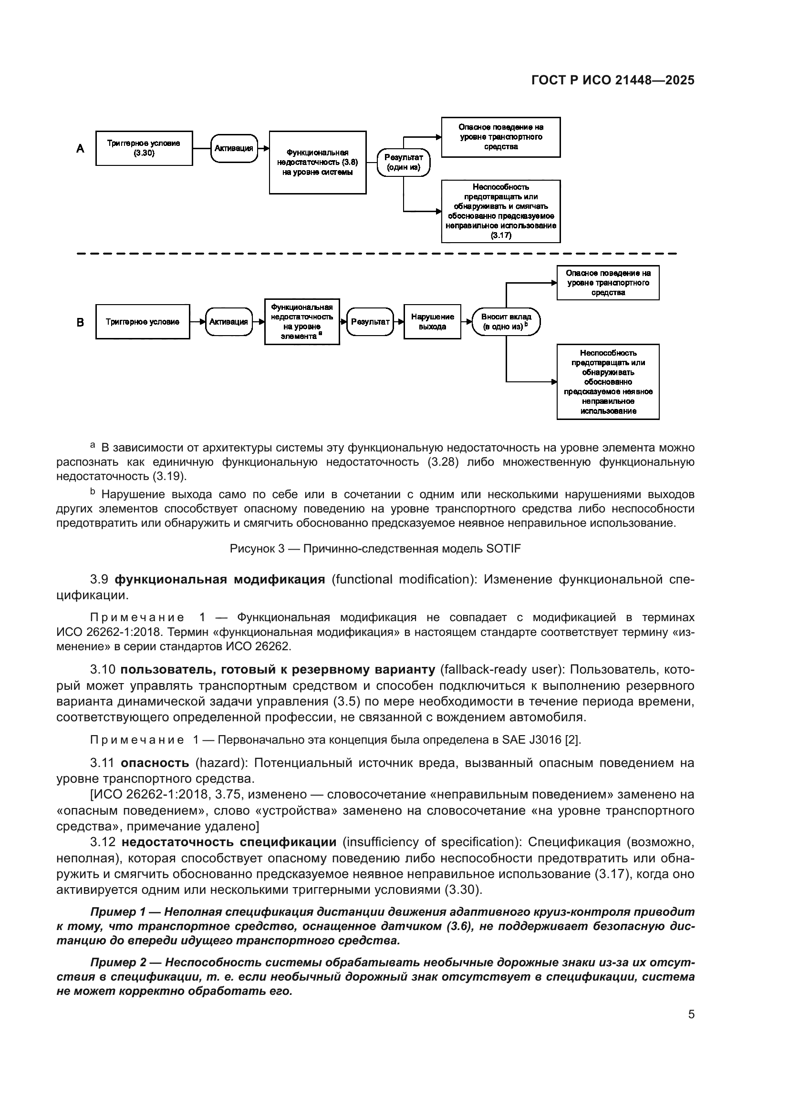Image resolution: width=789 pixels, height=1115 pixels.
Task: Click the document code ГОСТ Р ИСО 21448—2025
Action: (613, 80)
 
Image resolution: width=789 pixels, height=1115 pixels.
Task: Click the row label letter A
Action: (81, 149)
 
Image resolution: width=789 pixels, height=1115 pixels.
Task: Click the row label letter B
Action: (81, 322)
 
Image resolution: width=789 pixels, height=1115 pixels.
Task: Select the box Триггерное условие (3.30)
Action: (144, 148)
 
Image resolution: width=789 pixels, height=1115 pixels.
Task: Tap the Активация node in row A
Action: (234, 148)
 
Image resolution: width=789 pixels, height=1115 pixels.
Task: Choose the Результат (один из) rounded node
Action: (403, 162)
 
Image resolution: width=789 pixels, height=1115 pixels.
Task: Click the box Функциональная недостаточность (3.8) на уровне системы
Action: (317, 162)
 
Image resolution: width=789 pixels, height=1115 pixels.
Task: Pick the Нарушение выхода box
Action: (432, 321)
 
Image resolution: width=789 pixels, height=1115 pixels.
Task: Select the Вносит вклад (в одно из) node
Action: (506, 321)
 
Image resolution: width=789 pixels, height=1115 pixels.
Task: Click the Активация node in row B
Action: (228, 321)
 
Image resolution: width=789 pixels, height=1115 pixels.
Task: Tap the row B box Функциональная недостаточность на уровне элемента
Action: (301, 321)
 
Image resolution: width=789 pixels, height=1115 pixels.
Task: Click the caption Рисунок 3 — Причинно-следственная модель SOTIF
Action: (375, 549)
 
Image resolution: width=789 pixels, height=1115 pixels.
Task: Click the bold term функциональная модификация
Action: (219, 579)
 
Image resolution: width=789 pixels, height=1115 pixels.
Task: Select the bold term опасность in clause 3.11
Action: (155, 762)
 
